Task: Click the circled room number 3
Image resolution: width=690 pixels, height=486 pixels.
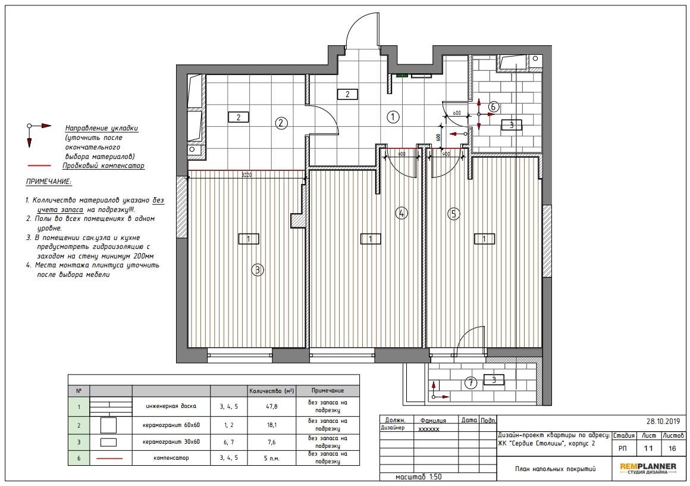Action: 258,270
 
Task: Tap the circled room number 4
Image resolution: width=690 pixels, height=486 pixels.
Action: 402,213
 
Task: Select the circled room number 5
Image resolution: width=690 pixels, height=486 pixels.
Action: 453,214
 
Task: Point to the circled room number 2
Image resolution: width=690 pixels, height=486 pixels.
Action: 281,123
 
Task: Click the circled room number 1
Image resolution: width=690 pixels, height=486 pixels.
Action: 393,117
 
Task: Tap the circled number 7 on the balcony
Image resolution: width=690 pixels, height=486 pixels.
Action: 471,383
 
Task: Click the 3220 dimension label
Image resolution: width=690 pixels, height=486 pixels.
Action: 246,175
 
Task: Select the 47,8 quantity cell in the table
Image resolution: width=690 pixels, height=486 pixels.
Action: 271,407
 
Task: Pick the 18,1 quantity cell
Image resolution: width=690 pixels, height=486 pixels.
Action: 271,425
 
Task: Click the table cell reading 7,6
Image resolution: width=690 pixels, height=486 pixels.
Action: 271,442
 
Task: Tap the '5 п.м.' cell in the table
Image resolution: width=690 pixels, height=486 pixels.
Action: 271,458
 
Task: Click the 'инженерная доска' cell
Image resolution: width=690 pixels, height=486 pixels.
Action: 171,406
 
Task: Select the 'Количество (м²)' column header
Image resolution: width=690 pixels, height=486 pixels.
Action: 271,391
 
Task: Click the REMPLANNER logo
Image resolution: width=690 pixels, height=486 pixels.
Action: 648,468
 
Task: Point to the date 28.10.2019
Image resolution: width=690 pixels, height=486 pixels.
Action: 663,422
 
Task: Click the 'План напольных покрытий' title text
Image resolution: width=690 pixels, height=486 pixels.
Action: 555,469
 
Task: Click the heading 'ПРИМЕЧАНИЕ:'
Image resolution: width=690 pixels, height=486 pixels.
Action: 48,182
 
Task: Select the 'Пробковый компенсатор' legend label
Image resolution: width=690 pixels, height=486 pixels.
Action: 103,166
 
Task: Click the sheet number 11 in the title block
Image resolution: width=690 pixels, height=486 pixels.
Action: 648,448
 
